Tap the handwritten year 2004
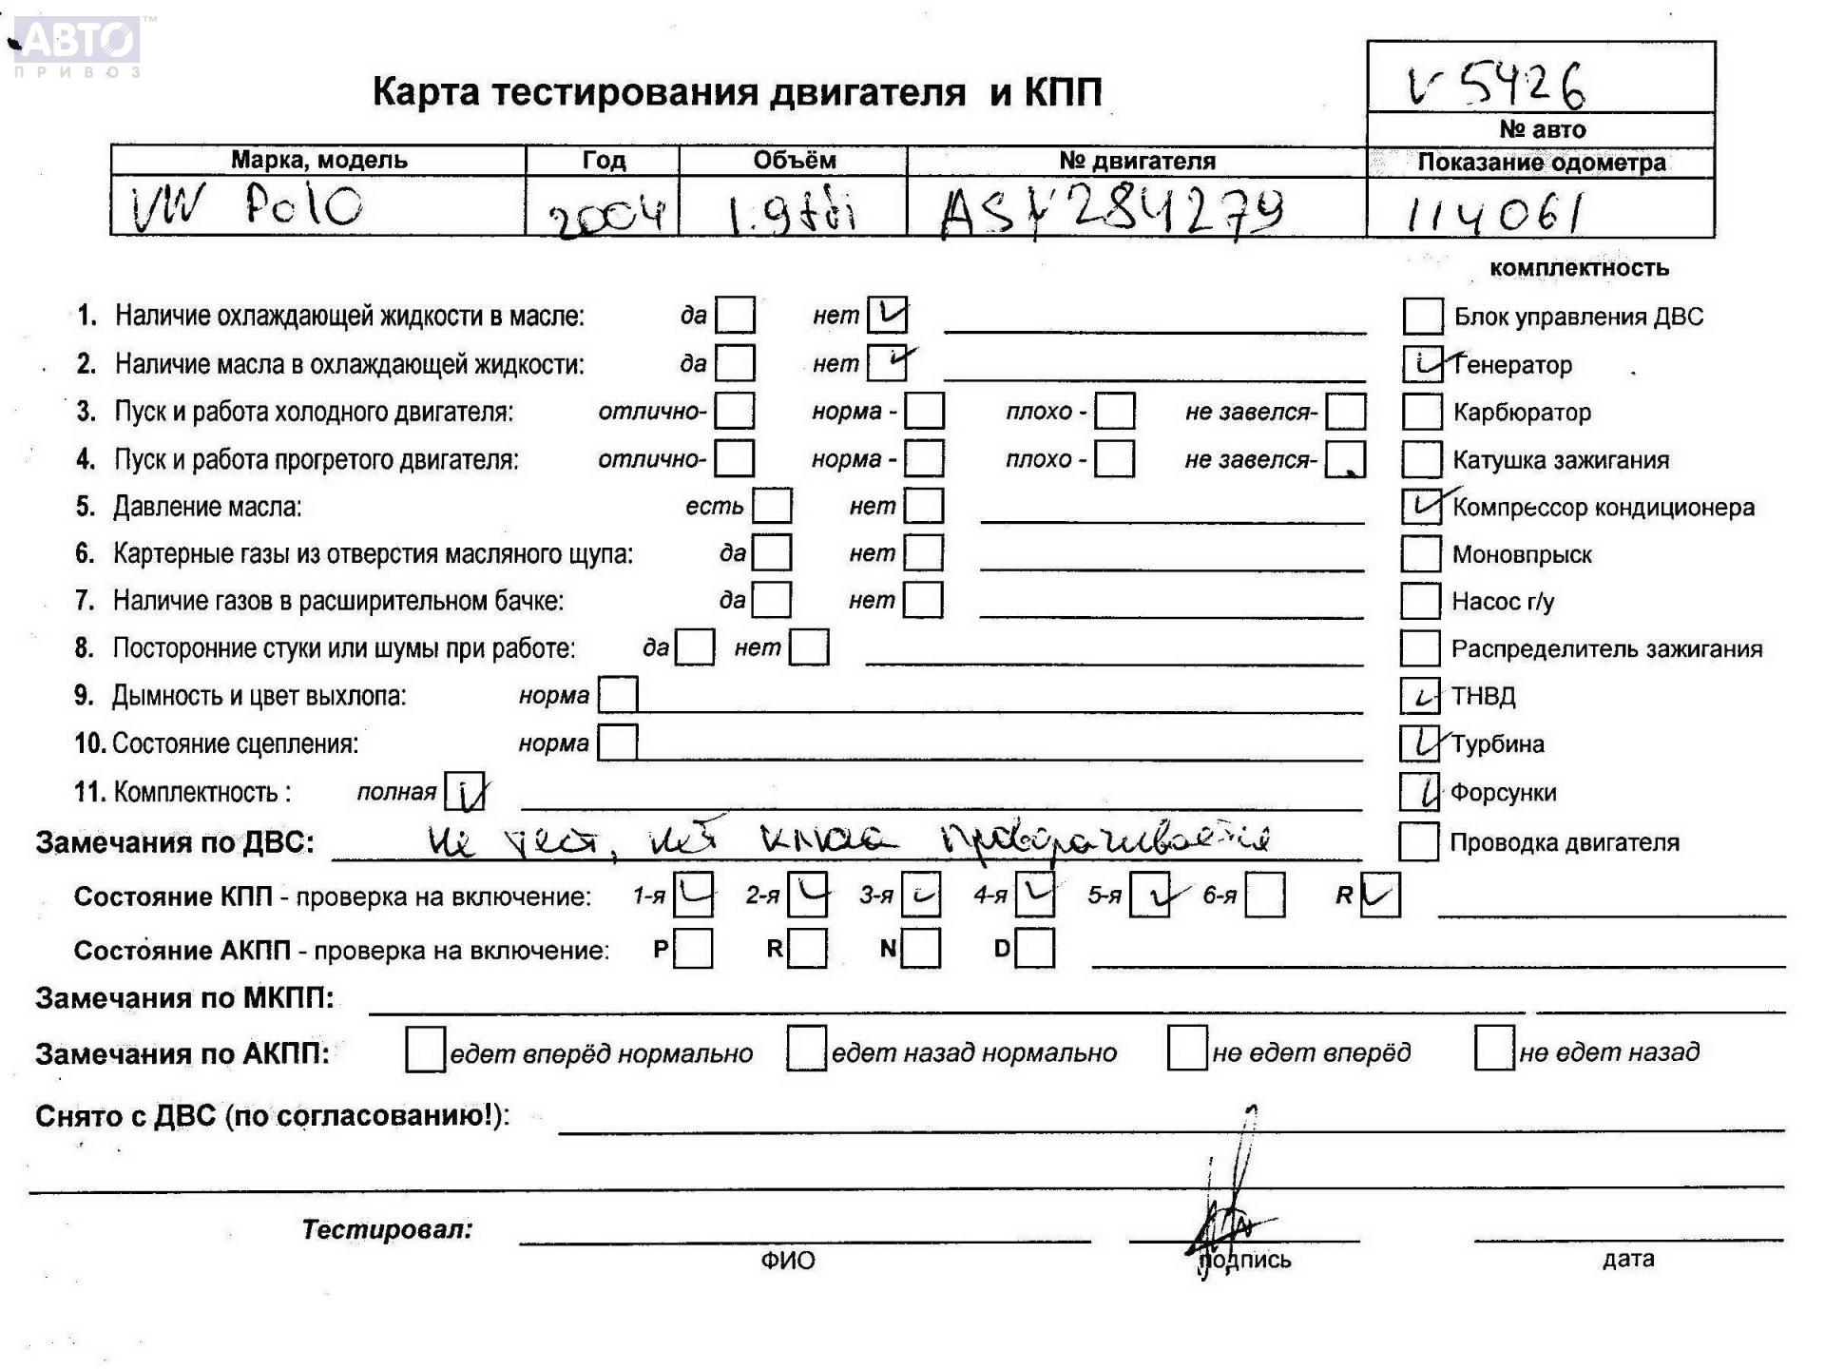tap(605, 215)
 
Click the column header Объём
tap(794, 161)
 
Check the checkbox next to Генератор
tap(1422, 364)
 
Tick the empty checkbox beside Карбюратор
tap(1422, 412)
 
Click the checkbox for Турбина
tap(1420, 743)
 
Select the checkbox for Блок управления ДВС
tap(1423, 317)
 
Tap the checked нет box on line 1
tap(887, 315)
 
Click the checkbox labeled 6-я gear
tap(1265, 896)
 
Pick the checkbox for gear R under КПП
tap(1380, 896)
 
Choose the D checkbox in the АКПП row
tap(1035, 948)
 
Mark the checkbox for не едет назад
tap(1493, 1049)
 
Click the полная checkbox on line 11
tap(465, 792)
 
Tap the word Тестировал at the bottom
tap(387, 1229)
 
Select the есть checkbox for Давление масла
tap(772, 506)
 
